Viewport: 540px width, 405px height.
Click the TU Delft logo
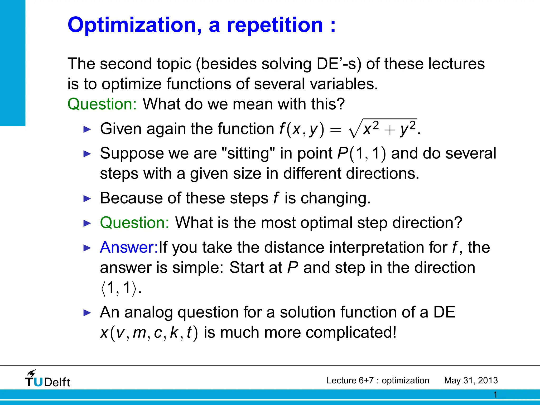[48, 379]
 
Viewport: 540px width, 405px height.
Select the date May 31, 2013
[471, 380]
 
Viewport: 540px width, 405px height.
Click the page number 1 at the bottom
[495, 395]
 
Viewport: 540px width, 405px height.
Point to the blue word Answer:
[129, 248]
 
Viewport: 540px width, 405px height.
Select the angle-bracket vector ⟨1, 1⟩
[119, 288]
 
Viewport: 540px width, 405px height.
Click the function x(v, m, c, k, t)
[149, 333]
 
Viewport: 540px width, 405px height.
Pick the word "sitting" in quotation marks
[248, 153]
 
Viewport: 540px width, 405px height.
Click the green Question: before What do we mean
[102, 104]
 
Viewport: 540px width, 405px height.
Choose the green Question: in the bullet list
[134, 223]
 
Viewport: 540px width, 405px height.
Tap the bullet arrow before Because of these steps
[87, 199]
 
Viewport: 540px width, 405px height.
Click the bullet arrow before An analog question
[87, 313]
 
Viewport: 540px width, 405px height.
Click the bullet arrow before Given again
[87, 129]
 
